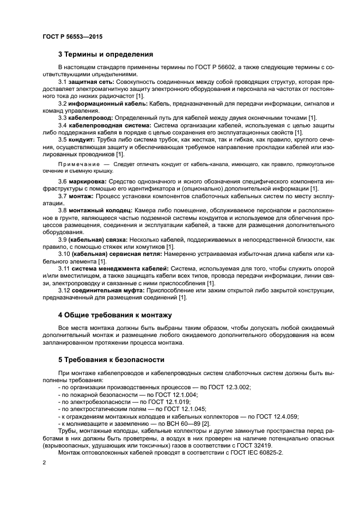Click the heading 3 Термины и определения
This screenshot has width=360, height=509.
pyautogui.click(x=106, y=54)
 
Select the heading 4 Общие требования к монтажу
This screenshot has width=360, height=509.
pyautogui.click(x=115, y=315)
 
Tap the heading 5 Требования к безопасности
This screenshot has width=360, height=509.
pyautogui.click(x=112, y=360)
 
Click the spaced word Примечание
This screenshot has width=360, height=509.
pyautogui.click(x=78, y=164)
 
